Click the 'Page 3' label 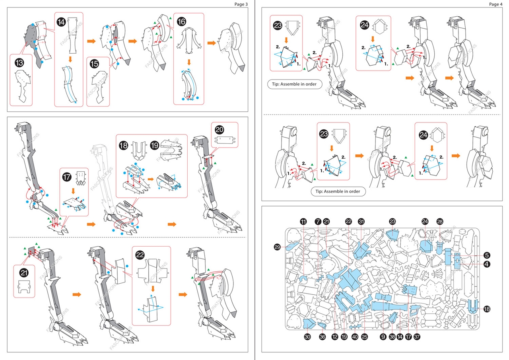pos(241,4)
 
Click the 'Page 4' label pos(496,4)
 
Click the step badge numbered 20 pos(220,130)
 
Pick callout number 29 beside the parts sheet pos(277,247)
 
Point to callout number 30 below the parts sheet pos(307,337)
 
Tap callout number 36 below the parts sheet pos(322,337)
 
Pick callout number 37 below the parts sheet pos(417,337)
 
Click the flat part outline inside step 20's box pos(225,140)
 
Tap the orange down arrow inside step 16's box pos(189,62)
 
